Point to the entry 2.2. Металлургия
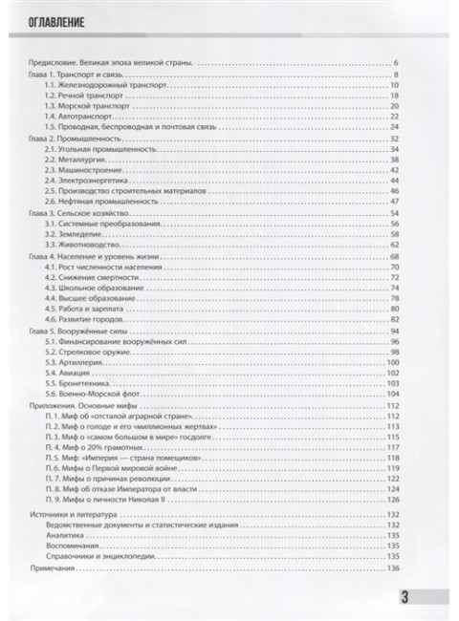click(x=73, y=161)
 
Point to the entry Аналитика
click(x=63, y=536)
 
